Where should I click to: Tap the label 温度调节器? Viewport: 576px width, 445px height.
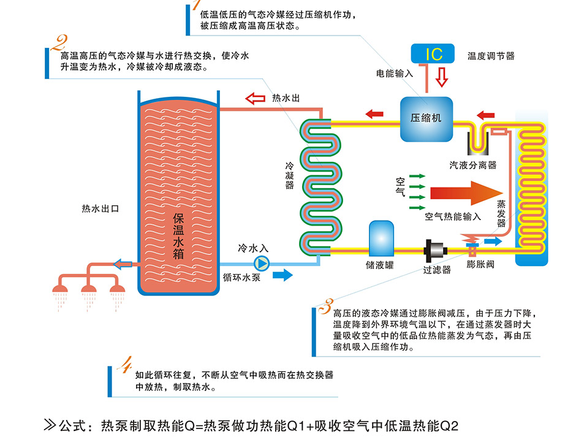491,56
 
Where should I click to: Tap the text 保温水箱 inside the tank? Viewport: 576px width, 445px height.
179,237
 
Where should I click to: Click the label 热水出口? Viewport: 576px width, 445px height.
100,208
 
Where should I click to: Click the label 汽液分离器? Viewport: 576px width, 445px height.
473,165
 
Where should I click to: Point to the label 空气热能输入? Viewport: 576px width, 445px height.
453,216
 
